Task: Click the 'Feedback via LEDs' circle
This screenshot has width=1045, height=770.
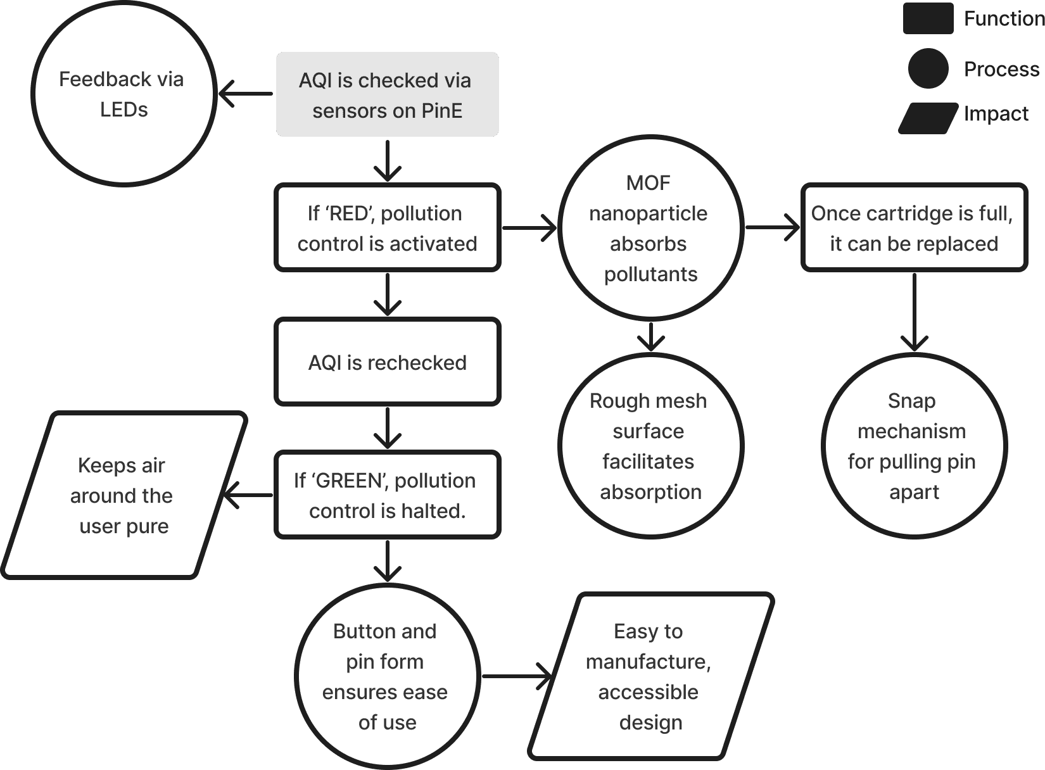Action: (x=123, y=94)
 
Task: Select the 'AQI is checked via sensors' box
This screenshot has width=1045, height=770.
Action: (x=387, y=94)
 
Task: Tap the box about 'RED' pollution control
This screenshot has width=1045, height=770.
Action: (x=387, y=228)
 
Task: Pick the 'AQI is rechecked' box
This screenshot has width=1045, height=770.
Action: (x=387, y=362)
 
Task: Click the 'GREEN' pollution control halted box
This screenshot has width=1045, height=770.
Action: (x=387, y=495)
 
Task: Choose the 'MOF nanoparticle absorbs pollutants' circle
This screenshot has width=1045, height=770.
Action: (x=650, y=228)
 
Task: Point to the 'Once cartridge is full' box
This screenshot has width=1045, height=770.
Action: (x=913, y=228)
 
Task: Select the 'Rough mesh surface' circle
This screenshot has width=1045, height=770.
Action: (x=650, y=446)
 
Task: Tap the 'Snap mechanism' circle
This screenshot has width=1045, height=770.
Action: (x=913, y=446)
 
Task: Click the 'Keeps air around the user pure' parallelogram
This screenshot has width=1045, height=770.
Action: (x=123, y=495)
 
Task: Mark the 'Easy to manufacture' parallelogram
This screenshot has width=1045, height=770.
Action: (x=650, y=676)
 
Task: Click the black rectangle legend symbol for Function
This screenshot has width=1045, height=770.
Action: (x=928, y=18)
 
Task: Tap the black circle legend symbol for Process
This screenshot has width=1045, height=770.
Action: (x=928, y=68)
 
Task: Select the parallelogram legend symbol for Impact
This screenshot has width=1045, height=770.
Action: (x=928, y=118)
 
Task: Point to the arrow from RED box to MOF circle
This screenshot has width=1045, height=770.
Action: (x=529, y=228)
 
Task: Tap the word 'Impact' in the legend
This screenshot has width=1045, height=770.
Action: (x=996, y=114)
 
